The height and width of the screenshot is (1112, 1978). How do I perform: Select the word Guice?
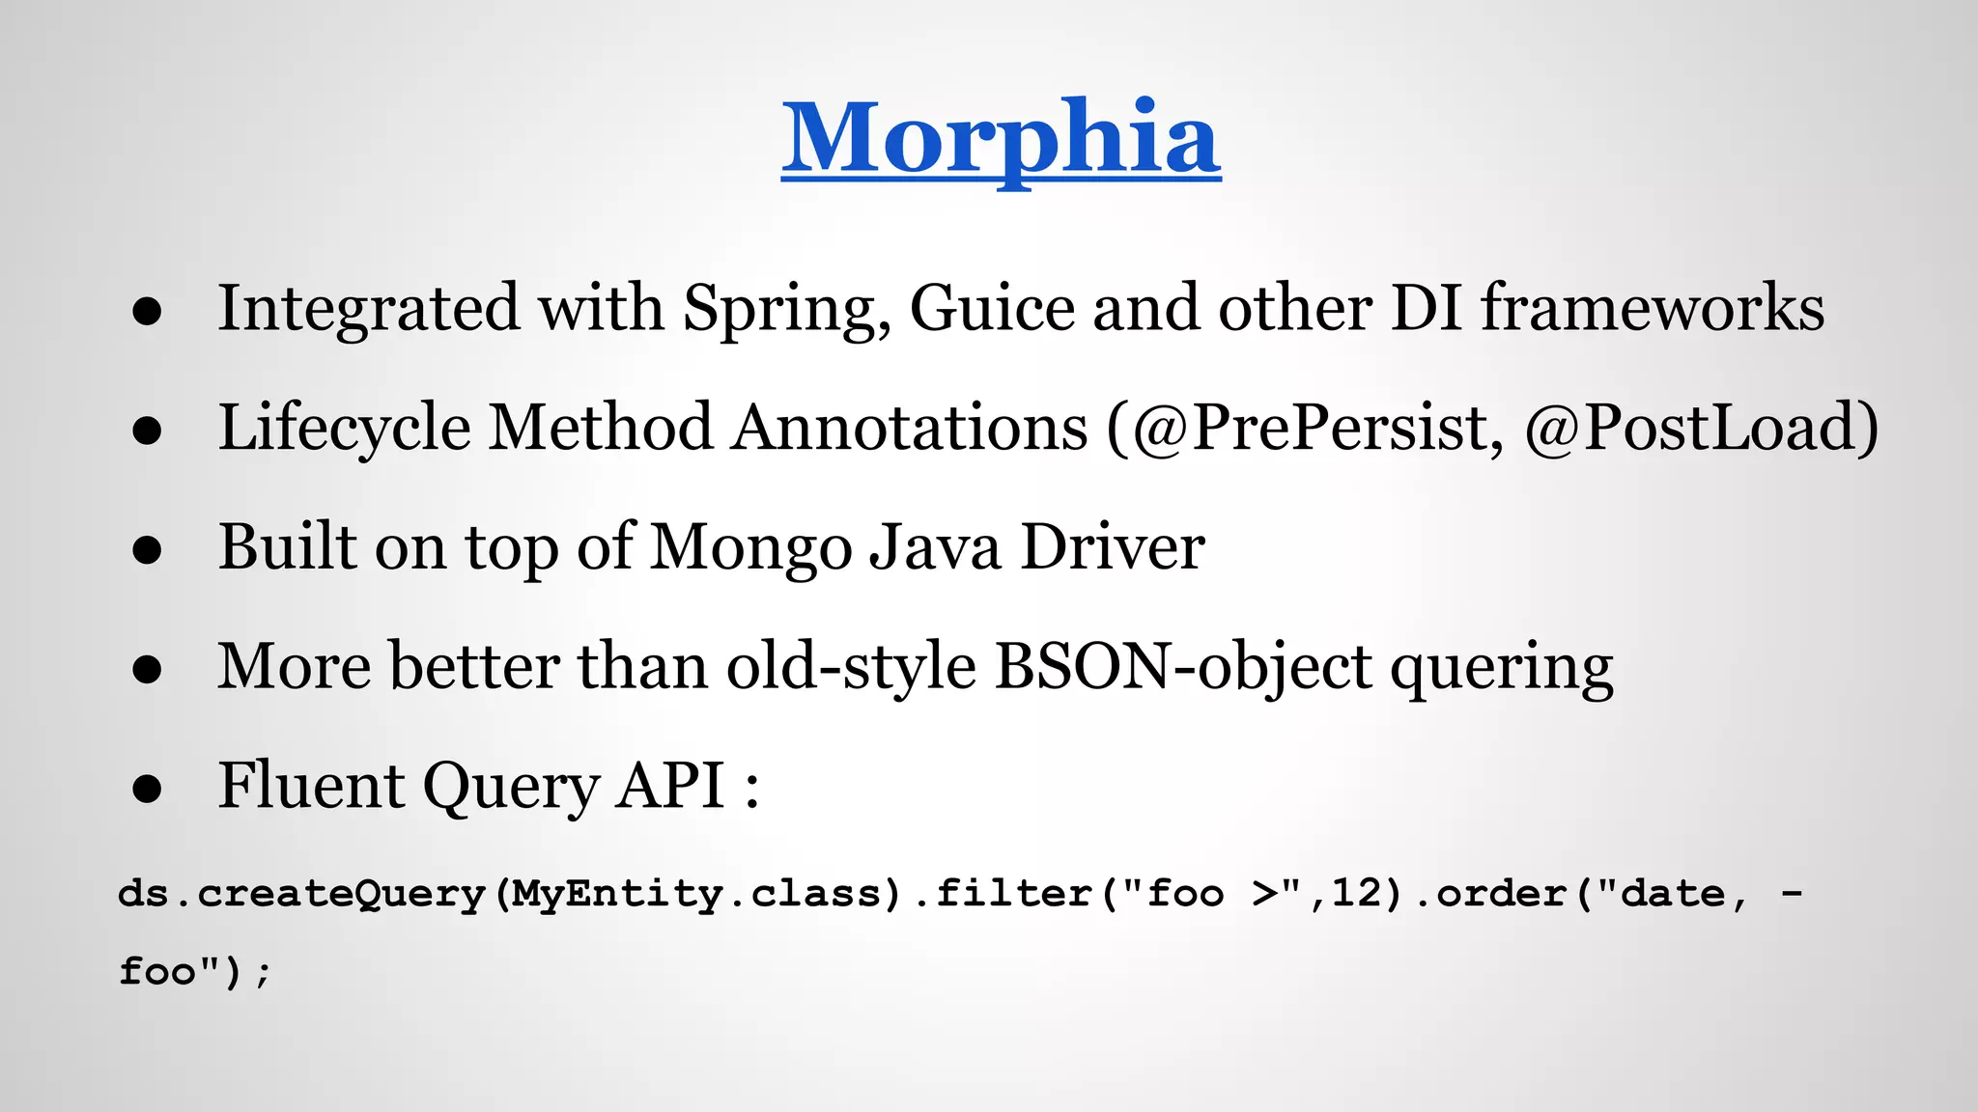[x=992, y=309]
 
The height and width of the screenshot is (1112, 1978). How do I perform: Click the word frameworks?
[x=1653, y=309]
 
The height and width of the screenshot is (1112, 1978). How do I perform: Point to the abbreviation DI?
[x=1426, y=309]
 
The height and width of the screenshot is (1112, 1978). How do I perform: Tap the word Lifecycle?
[x=344, y=428]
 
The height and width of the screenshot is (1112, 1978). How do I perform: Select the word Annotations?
[x=908, y=428]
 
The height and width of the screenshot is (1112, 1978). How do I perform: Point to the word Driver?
[x=1113, y=547]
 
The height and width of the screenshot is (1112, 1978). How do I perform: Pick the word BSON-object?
[x=1183, y=667]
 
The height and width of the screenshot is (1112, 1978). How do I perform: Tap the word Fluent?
[x=311, y=785]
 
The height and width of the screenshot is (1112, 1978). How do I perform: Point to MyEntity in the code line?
[x=616, y=893]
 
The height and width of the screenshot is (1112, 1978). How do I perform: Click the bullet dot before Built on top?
[x=147, y=550]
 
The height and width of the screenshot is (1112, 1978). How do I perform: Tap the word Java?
[x=935, y=547]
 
